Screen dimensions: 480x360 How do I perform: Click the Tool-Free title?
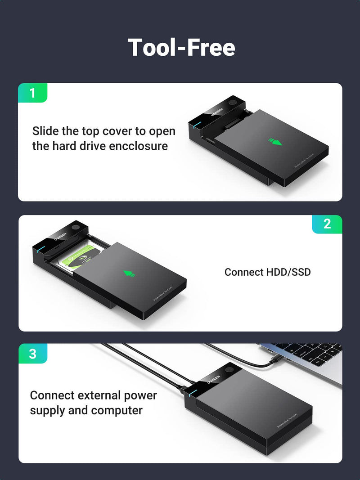pos(181,47)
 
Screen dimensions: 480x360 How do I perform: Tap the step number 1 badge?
pos(32,93)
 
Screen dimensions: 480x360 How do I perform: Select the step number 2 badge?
pos(327,224)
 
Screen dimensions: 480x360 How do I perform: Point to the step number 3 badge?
pos(32,354)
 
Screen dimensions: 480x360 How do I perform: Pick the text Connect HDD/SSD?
pos(267,272)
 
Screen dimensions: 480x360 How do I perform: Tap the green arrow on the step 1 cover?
pos(275,142)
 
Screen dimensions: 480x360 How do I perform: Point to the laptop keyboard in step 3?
pos(310,353)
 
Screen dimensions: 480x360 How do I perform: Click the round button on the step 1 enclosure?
pos(233,103)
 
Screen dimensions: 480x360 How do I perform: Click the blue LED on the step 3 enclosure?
pos(192,393)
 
